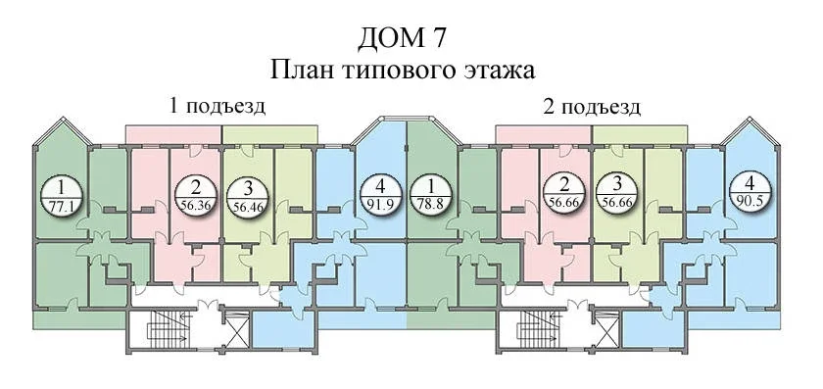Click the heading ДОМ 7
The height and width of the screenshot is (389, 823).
(x=403, y=39)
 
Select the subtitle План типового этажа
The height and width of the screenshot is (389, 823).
(x=403, y=70)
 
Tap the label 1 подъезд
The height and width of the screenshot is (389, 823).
(x=217, y=106)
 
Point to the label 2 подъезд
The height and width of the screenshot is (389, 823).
(x=592, y=107)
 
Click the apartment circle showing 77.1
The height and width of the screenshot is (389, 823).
(x=62, y=195)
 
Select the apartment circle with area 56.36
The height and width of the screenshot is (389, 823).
(x=196, y=195)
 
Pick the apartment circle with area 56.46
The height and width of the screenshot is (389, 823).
(x=248, y=195)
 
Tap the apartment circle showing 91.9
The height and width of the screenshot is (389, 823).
(x=381, y=195)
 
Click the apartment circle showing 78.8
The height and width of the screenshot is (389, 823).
(x=431, y=195)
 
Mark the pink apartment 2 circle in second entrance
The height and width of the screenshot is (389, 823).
(x=564, y=192)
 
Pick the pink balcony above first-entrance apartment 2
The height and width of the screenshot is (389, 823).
(x=173, y=134)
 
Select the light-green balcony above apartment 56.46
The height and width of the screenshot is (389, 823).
(x=269, y=134)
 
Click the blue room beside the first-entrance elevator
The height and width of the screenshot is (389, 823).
(x=283, y=328)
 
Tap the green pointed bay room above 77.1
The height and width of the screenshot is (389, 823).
(x=63, y=152)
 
